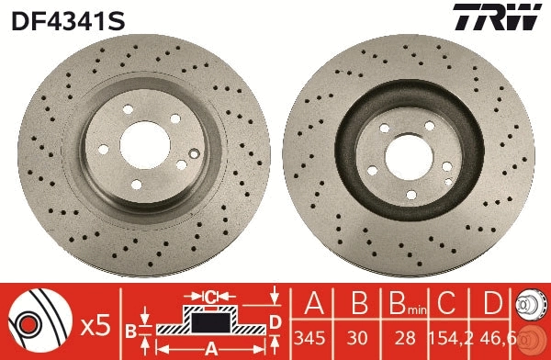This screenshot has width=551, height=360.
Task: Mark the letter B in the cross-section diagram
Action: click(x=131, y=330)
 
